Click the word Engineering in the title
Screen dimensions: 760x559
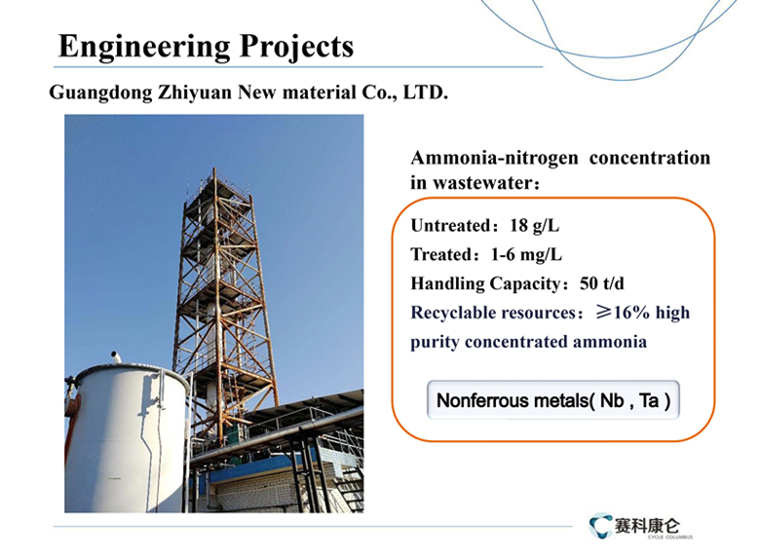pos(144,48)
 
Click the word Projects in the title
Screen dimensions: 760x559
pos(296,48)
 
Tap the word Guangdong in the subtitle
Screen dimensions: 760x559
pos(100,93)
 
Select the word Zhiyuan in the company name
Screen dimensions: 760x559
pos(195,93)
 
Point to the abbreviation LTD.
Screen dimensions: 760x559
pos(426,92)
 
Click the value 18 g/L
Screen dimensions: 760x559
pos(535,226)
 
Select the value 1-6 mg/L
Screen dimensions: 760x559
pos(526,255)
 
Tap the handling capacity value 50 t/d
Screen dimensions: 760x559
pos(602,283)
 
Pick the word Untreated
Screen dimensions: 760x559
pos(451,226)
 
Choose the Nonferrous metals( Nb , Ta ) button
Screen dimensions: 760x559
pos(553,400)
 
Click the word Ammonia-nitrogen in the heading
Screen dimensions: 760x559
pos(494,158)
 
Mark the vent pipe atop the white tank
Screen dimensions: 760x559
pos(116,357)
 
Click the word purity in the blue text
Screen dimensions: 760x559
pos(435,343)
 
